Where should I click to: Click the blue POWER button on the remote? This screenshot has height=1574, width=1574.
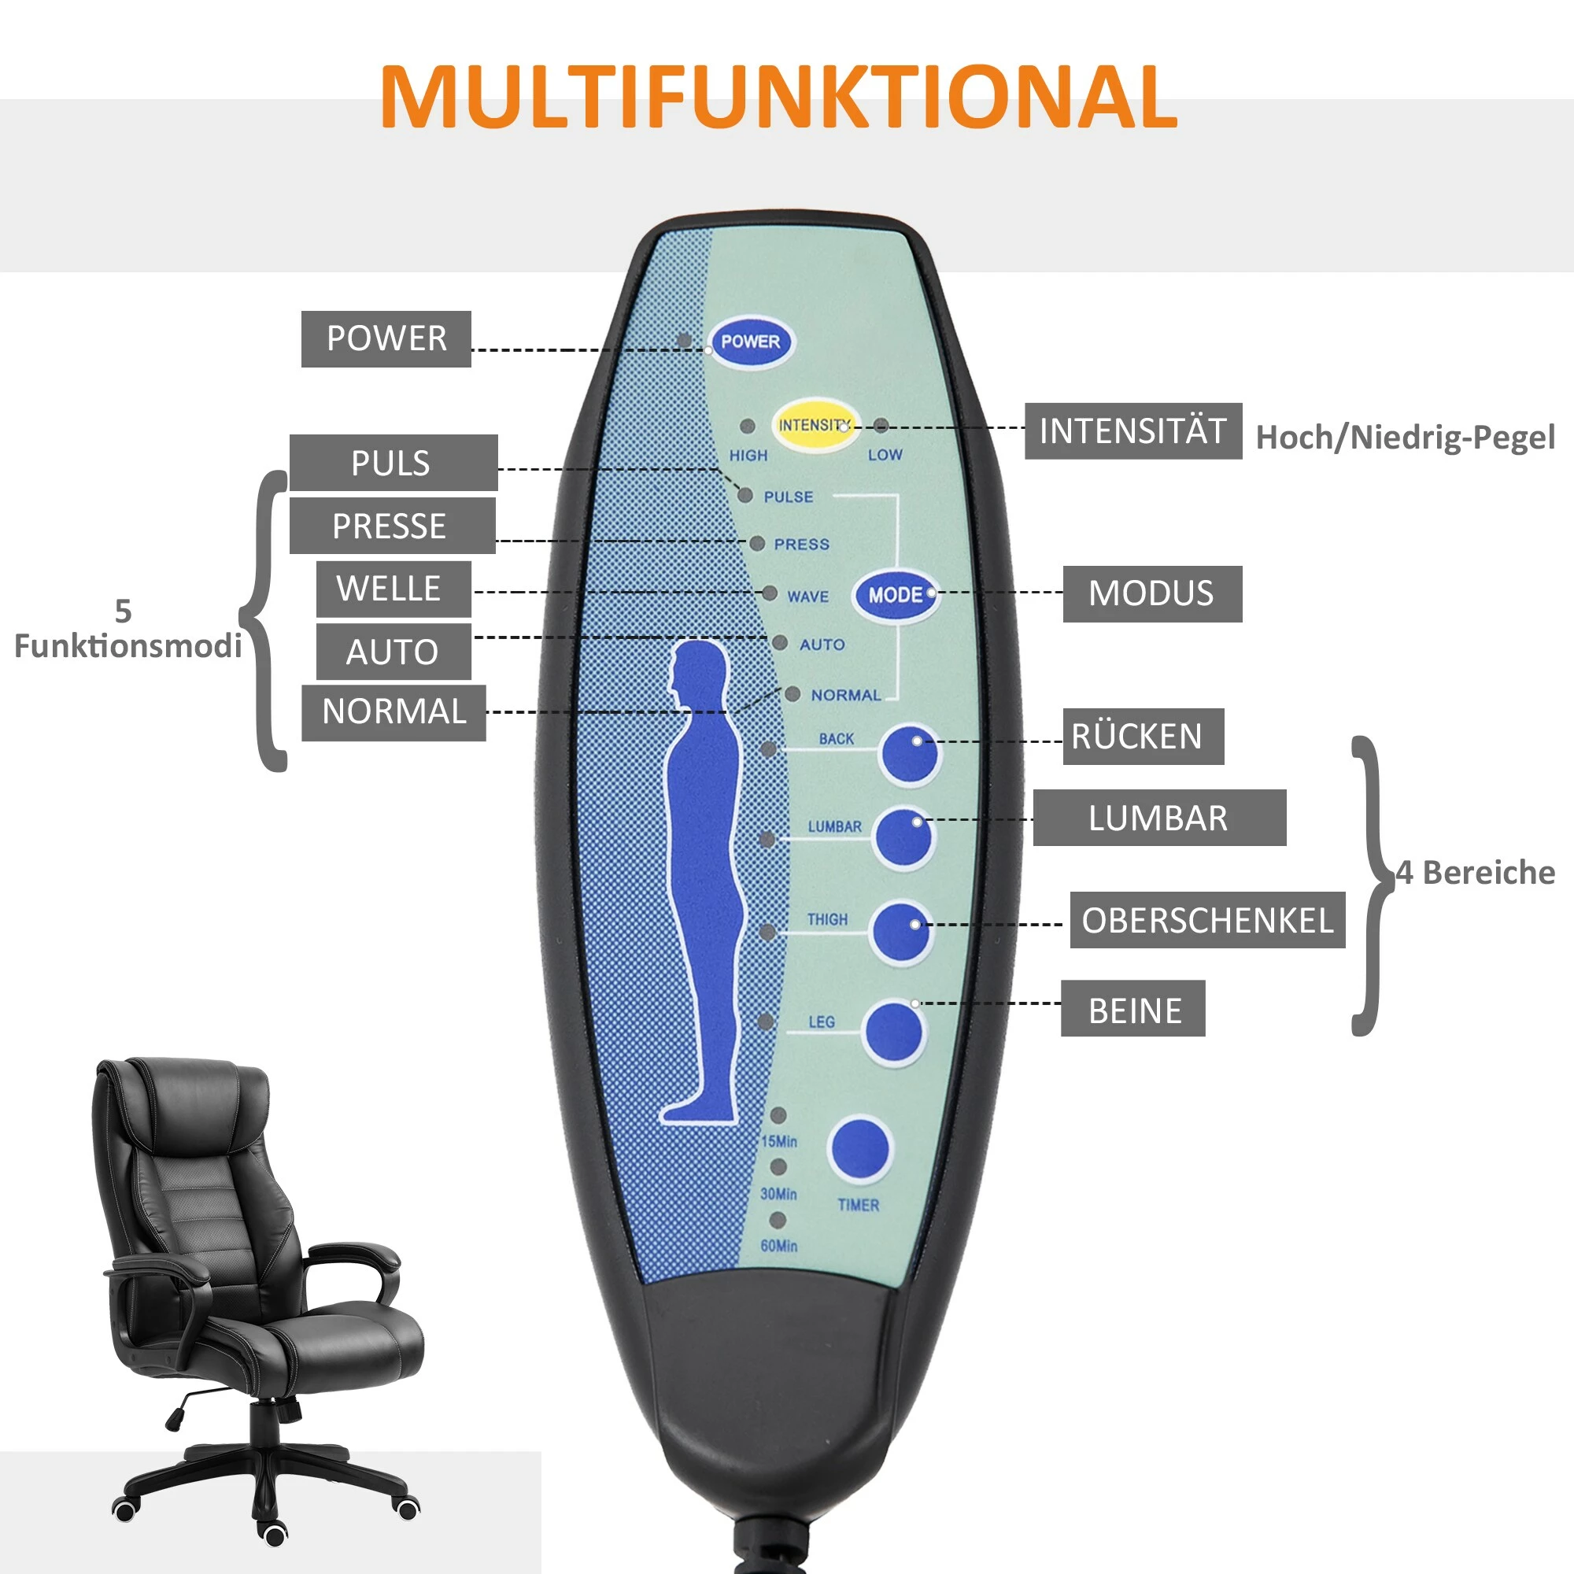click(x=750, y=342)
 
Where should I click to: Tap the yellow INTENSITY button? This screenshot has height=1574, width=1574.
click(x=814, y=425)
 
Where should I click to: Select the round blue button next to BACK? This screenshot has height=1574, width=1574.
click(x=909, y=755)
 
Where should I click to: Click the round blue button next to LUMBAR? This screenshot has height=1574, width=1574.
click(x=903, y=838)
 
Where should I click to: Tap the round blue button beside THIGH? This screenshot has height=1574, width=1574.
click(x=900, y=932)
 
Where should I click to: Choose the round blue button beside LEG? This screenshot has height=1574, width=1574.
click(x=894, y=1032)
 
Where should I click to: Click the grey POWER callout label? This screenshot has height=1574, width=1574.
click(x=386, y=339)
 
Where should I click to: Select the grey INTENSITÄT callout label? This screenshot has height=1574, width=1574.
click(x=1132, y=431)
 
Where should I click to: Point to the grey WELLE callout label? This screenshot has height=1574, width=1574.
click(x=393, y=588)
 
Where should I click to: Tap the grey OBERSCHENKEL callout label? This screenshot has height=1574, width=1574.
click(x=1206, y=921)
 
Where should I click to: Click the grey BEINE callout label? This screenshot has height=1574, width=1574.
click(x=1132, y=1011)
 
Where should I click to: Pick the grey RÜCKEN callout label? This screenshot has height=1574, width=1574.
click(x=1142, y=737)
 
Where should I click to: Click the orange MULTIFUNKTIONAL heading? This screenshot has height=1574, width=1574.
click(x=778, y=96)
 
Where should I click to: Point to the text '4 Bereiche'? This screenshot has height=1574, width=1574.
click(x=1475, y=873)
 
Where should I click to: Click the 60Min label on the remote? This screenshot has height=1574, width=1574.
click(x=779, y=1246)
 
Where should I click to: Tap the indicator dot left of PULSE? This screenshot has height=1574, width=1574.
click(x=745, y=494)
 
